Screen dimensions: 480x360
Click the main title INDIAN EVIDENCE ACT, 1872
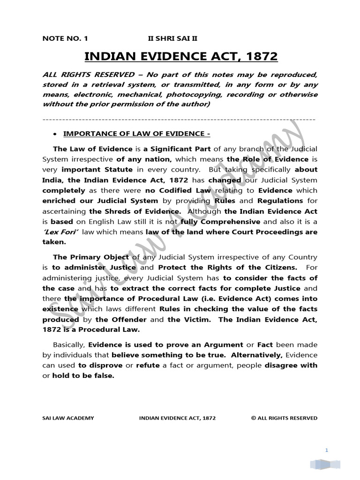pyautogui.click(x=180, y=57)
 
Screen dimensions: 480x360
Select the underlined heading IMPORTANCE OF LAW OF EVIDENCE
pyautogui.click(x=136, y=134)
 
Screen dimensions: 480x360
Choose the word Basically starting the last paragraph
pyautogui.click(x=69, y=345)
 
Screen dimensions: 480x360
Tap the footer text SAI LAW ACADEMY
pyautogui.click(x=67, y=418)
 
